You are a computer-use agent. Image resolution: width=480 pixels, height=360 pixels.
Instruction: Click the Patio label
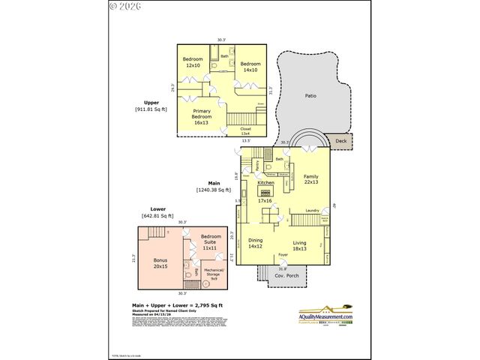[310, 96]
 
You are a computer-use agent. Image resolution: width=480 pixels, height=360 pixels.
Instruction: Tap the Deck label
[341, 140]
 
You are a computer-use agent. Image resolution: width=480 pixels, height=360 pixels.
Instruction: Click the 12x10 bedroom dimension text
[193, 66]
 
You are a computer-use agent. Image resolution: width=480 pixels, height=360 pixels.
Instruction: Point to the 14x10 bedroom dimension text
[250, 70]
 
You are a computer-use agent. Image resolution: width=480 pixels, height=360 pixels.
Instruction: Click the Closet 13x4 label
[245, 131]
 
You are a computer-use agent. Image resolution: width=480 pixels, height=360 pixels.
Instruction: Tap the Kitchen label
[266, 182]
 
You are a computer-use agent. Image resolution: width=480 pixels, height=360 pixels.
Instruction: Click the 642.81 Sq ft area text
[157, 216]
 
